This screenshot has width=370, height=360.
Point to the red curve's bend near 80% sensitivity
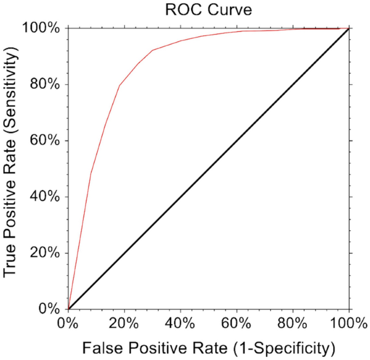(119, 85)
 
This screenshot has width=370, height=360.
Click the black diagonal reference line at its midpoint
(208, 169)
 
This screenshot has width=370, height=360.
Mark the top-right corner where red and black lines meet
(348, 28)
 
